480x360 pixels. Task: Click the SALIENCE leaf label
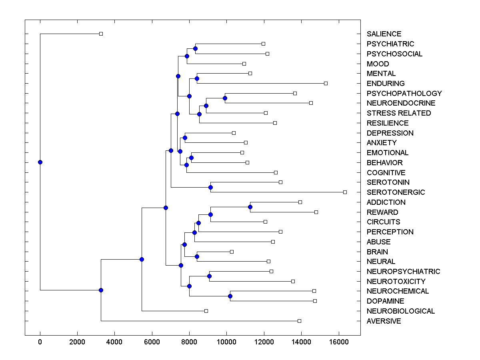pos(384,34)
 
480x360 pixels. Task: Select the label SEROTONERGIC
pos(396,192)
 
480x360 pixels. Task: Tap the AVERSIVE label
pos(384,321)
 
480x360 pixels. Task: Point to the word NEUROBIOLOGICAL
pos(400,311)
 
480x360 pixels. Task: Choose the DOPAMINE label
pos(385,301)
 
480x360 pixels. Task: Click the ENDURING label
pos(386,84)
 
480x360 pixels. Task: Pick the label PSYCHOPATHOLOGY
pos(404,94)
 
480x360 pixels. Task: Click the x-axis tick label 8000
pos(189,342)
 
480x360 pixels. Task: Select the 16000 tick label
pos(339,342)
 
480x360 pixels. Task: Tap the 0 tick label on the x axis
pos(40,342)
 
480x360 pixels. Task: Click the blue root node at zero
pos(40,162)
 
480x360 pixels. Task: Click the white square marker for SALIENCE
pos(101,34)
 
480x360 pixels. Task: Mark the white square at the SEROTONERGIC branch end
pos(345,192)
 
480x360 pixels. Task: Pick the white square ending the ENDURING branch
pos(326,83)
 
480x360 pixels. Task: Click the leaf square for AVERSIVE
pos(299,321)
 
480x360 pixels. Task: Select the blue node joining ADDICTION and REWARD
pos(250,207)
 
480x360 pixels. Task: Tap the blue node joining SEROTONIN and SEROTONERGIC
pos(210,187)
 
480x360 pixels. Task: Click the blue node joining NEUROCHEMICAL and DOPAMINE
pos(230,296)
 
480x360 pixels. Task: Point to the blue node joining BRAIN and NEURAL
pos(197,256)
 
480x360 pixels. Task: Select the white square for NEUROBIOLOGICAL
pos(206,311)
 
